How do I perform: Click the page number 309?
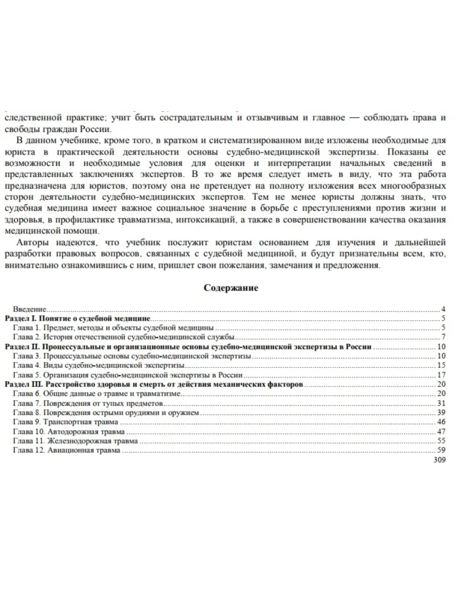(x=439, y=460)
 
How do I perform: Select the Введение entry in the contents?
(x=30, y=309)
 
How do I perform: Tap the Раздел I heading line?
(x=77, y=318)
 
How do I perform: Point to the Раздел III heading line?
(x=154, y=384)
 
